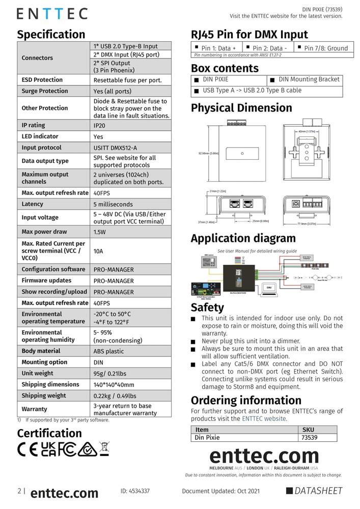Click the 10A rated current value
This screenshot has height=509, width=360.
[x=99, y=251]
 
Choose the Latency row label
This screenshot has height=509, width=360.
[x=33, y=204]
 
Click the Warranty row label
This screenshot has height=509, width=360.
[x=34, y=409]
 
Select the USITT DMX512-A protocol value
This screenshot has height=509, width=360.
[x=115, y=148]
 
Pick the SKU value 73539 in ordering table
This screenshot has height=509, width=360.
[x=310, y=437]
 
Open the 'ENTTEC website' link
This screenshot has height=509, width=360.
[x=264, y=418]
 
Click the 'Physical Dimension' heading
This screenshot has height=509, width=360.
[x=241, y=108]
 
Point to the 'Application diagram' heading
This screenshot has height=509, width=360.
[x=243, y=238]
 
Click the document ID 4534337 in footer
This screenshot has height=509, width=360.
[x=135, y=491]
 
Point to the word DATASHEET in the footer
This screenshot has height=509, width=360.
[x=319, y=491]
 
